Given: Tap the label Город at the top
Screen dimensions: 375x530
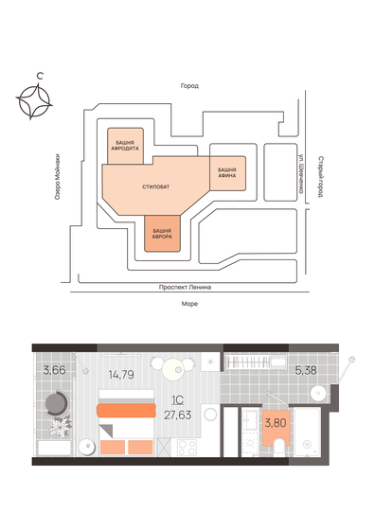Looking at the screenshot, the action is tap(188, 86).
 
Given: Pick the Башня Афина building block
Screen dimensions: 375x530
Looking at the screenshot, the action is tap(227, 173).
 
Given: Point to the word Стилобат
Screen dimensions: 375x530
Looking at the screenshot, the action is tap(157, 186).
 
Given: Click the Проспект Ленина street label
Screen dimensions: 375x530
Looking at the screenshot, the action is tap(186, 287).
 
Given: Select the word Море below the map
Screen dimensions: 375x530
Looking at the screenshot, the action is tap(188, 305).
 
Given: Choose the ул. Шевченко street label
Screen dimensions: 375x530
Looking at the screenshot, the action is tap(300, 174).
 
